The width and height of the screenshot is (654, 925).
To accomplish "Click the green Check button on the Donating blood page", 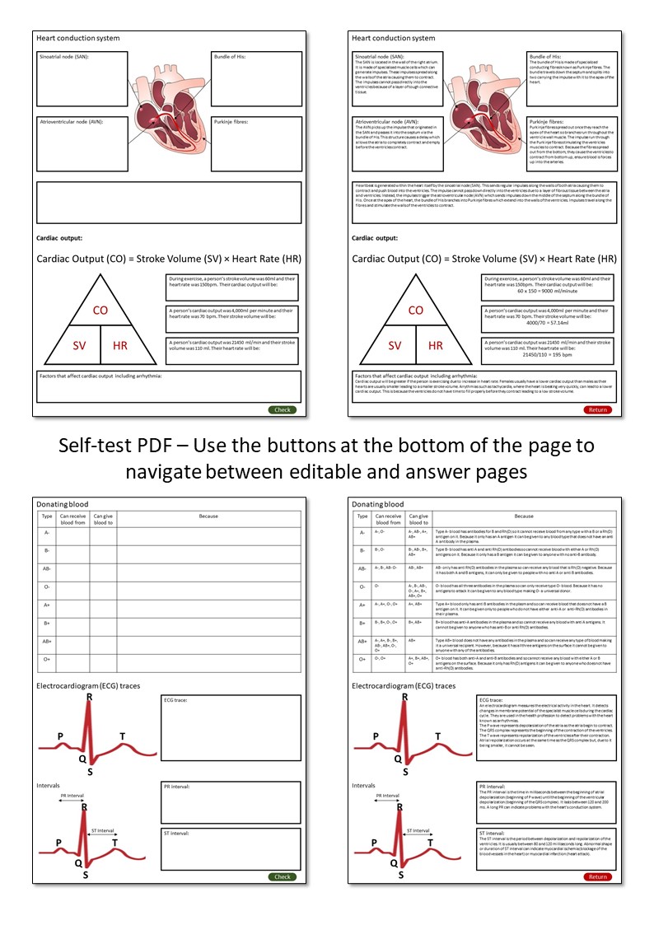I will tap(283, 876).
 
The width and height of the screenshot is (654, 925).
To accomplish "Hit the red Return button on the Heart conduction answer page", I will tap(598, 409).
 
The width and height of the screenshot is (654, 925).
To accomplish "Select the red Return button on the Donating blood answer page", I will tap(598, 876).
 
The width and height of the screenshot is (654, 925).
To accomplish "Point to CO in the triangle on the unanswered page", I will tap(100, 311).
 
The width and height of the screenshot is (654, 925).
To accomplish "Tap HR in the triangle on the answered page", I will tap(436, 346).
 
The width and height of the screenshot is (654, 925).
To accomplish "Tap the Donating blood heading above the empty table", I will tap(62, 503).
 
